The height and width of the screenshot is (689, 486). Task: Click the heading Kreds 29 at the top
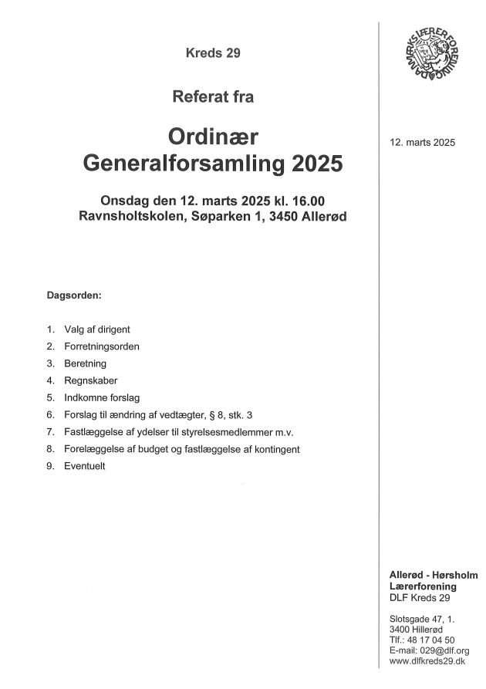coord(214,53)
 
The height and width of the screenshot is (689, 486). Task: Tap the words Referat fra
coord(214,97)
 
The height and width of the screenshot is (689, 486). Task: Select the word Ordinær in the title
coord(214,138)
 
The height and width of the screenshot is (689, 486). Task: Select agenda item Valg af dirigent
coord(97,329)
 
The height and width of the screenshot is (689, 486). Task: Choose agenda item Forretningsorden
coord(102,346)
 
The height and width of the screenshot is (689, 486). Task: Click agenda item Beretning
coord(86,363)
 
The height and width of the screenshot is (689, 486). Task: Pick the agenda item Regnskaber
coord(91,380)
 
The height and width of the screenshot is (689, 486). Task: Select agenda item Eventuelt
coord(85,466)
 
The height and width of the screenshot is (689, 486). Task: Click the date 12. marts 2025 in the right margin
coord(423,142)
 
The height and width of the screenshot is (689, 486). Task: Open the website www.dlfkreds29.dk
coord(427,661)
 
